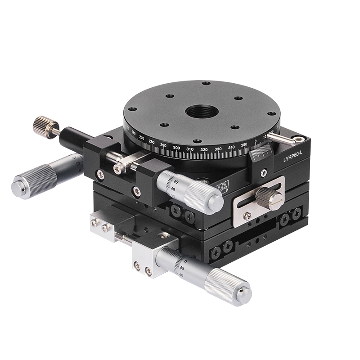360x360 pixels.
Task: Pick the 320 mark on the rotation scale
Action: pyautogui.click(x=204, y=149)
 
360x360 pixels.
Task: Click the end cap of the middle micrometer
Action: pyautogui.click(x=216, y=203)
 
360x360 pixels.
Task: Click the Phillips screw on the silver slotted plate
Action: pyautogui.click(x=247, y=216)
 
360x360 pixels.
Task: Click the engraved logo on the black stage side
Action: pyautogui.click(x=221, y=186)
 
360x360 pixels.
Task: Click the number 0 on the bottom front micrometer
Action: pyautogui.click(x=185, y=261)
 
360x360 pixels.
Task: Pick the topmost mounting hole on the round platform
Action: pyautogui.click(x=206, y=83)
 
